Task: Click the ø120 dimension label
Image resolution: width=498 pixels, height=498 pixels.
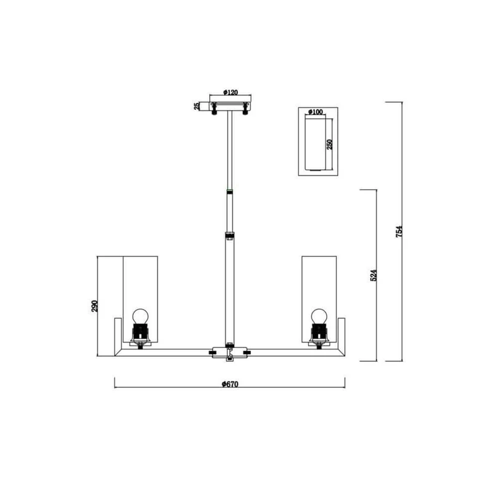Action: pos(230,92)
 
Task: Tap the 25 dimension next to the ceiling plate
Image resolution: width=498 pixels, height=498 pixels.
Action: pos(197,106)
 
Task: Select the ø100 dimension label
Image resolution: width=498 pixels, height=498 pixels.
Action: pos(316,112)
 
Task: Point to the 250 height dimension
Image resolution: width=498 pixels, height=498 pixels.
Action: pos(329,144)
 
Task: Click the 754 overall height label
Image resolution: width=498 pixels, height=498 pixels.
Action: pos(399,232)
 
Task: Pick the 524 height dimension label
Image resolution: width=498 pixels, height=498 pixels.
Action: pos(374,275)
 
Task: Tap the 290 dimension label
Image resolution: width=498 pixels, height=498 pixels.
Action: pos(95,306)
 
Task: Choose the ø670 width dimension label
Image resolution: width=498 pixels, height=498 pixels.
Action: pos(230,384)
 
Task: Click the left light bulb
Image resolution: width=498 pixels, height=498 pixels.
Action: pos(141,316)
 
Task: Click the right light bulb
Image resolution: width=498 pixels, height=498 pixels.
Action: pos(319,316)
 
